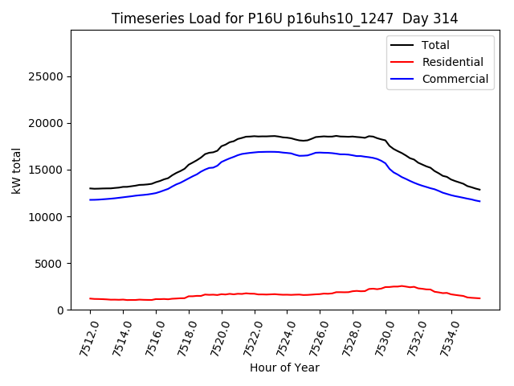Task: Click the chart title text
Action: (284, 18)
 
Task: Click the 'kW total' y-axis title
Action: (17, 170)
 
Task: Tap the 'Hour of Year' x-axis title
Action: (284, 368)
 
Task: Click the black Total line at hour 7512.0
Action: (91, 188)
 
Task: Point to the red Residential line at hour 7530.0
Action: (385, 287)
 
